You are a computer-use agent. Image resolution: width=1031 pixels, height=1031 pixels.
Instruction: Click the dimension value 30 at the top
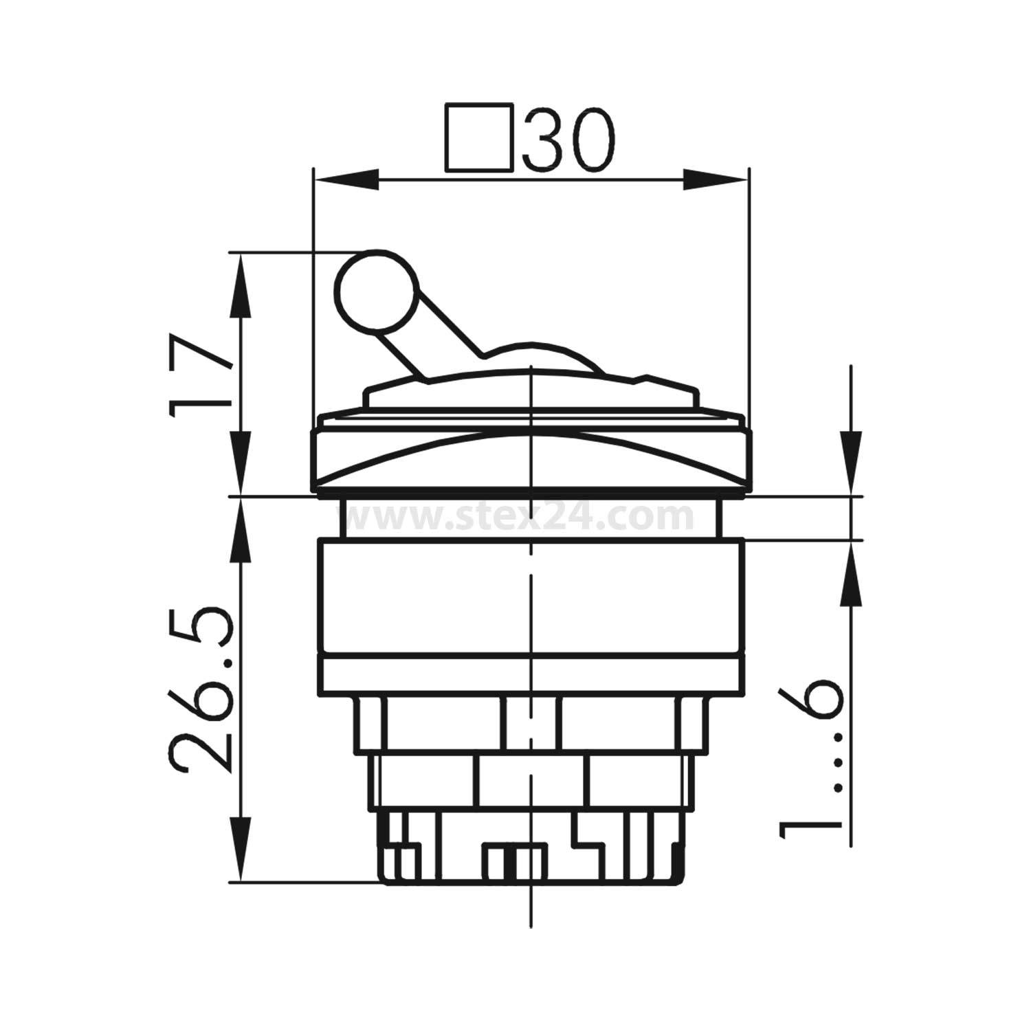(568, 139)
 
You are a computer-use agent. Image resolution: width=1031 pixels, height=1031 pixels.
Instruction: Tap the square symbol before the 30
(479, 137)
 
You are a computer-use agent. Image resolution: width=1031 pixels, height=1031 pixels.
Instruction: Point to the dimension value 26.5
(199, 689)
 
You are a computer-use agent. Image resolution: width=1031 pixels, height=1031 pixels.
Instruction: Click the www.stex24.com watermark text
(522, 517)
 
